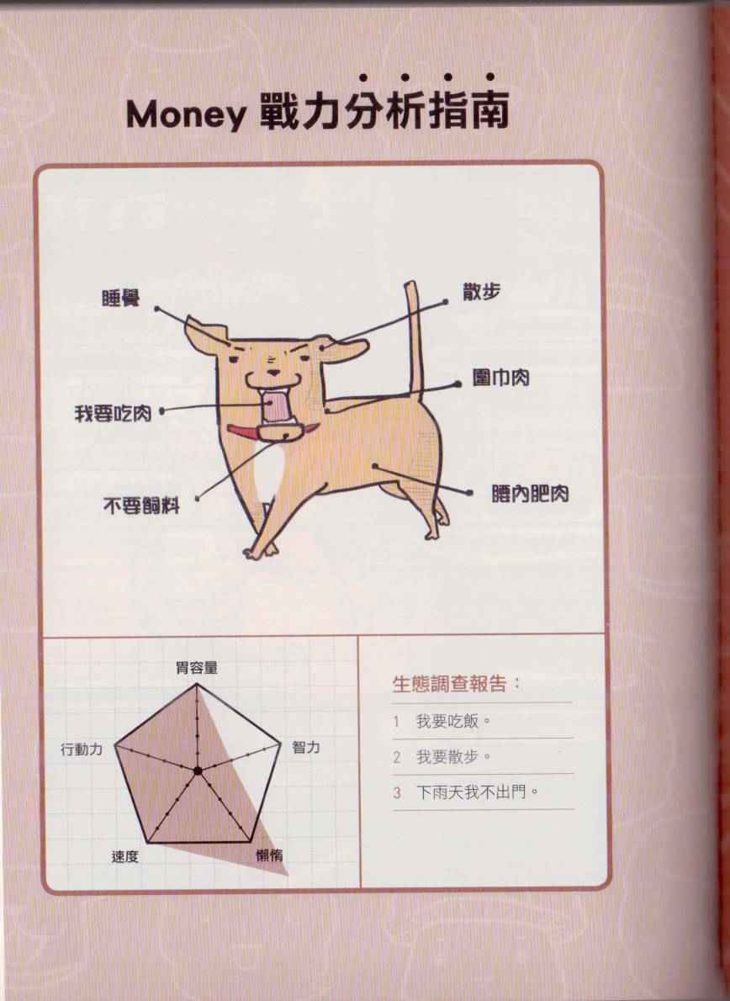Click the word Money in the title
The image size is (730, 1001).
click(186, 115)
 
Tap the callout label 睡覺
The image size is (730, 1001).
click(121, 298)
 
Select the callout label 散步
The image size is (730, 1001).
click(482, 292)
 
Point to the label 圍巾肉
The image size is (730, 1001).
click(501, 378)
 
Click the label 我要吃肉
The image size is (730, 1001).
click(113, 414)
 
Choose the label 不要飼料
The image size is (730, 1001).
click(141, 506)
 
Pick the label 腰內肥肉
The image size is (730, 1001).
click(531, 494)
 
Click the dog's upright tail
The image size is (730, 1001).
click(415, 338)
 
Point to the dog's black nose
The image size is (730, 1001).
click(273, 372)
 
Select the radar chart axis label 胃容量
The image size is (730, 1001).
click(197, 668)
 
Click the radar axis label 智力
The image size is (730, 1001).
click(305, 746)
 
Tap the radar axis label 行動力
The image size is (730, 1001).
click(82, 749)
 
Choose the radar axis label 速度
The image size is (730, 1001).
click(125, 856)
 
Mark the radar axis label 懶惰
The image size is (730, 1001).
click(269, 855)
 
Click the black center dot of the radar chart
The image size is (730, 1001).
click(198, 771)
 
